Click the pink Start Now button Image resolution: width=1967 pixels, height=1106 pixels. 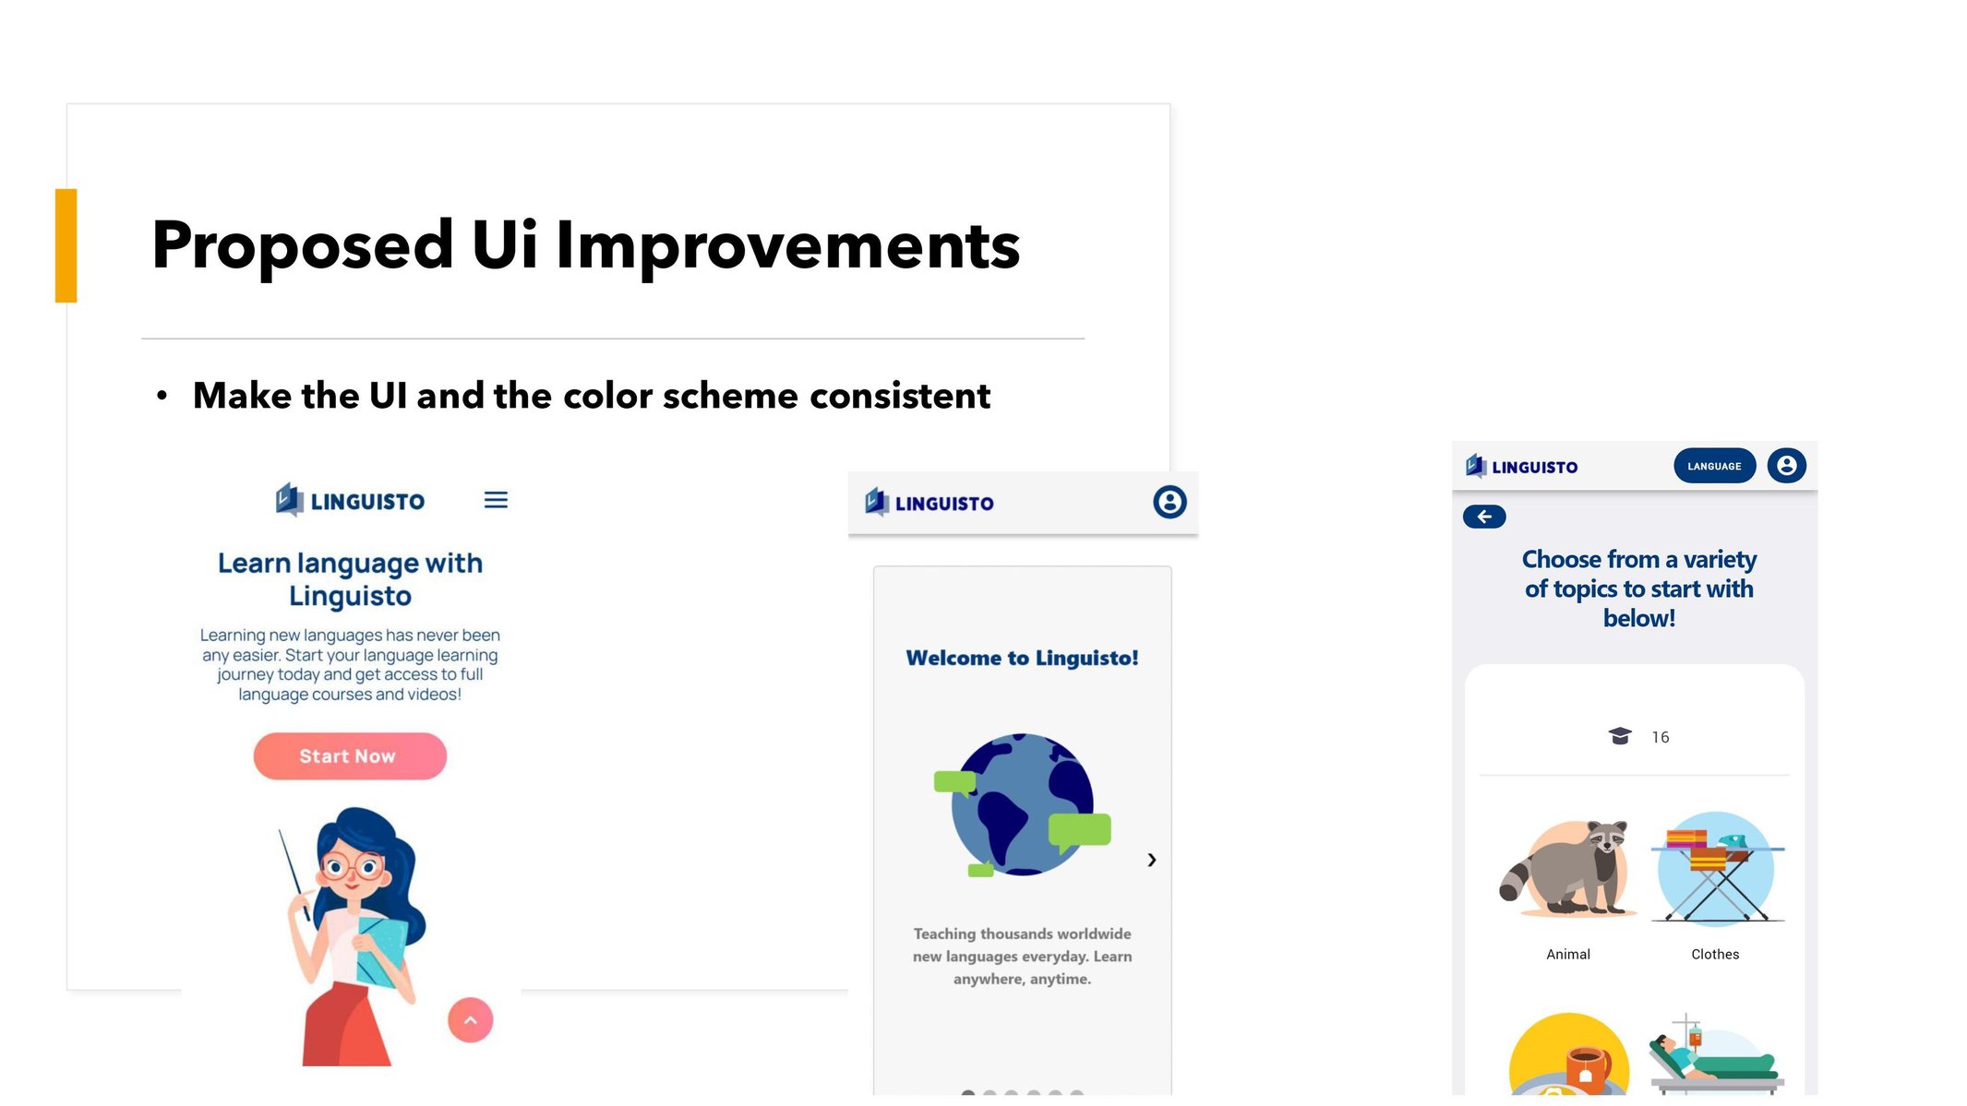[350, 756]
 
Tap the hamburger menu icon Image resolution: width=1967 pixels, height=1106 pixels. [496, 500]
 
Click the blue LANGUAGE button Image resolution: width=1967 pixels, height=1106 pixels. [1714, 466]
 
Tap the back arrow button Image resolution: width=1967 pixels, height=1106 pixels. [1484, 517]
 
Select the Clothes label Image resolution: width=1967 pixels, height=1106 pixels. [1715, 955]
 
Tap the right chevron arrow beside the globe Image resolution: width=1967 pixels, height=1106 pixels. [1152, 860]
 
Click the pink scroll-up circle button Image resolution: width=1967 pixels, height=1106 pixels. [471, 1020]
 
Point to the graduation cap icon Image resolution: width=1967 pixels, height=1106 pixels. [1620, 736]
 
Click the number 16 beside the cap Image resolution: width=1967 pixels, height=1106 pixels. [1661, 737]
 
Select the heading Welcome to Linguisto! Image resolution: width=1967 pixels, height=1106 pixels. [1022, 658]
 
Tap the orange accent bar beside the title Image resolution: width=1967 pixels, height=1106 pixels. [66, 245]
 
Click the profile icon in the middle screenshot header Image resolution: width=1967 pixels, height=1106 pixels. [1169, 502]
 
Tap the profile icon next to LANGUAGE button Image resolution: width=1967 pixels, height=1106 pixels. [1787, 466]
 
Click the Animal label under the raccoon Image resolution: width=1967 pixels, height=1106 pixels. [1568, 955]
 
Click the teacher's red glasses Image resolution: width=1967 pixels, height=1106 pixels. [354, 867]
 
